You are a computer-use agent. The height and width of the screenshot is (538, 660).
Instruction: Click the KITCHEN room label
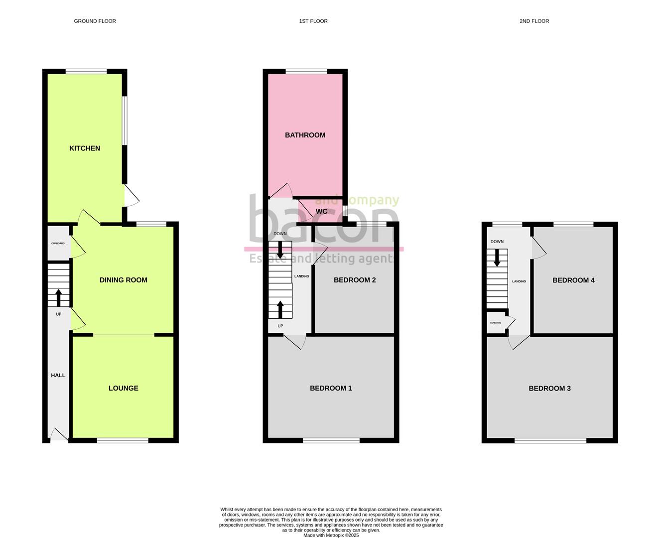(x=85, y=148)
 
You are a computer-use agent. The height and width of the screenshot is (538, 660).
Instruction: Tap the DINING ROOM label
(x=123, y=280)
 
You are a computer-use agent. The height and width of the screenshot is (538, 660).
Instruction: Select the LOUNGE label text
(x=124, y=388)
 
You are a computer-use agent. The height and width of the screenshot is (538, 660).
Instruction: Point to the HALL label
(x=58, y=375)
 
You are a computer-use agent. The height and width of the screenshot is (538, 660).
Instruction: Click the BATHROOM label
(x=305, y=135)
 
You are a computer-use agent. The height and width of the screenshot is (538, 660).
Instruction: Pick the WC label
(x=322, y=212)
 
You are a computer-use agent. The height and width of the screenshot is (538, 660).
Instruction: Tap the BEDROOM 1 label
(x=331, y=388)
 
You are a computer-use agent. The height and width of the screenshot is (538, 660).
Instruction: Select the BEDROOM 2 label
(x=355, y=280)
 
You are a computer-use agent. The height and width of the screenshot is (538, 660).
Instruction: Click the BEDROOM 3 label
(x=549, y=388)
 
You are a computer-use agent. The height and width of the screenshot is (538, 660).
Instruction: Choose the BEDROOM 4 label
(x=573, y=280)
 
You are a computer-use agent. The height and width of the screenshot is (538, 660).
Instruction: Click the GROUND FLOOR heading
(x=95, y=21)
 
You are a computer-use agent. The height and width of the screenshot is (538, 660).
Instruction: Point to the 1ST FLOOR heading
(x=313, y=21)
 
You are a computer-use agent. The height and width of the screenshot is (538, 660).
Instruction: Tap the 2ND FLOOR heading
(x=534, y=21)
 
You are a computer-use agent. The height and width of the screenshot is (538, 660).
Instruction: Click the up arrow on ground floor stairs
(x=58, y=297)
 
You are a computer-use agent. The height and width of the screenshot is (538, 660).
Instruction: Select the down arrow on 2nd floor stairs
(x=497, y=258)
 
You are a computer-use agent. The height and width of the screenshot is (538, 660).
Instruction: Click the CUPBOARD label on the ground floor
(x=58, y=244)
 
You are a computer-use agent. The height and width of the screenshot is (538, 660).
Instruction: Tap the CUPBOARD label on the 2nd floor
(x=495, y=323)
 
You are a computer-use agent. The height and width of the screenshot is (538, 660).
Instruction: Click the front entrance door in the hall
(x=59, y=435)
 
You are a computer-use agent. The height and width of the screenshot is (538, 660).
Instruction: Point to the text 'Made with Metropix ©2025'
(x=331, y=536)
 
